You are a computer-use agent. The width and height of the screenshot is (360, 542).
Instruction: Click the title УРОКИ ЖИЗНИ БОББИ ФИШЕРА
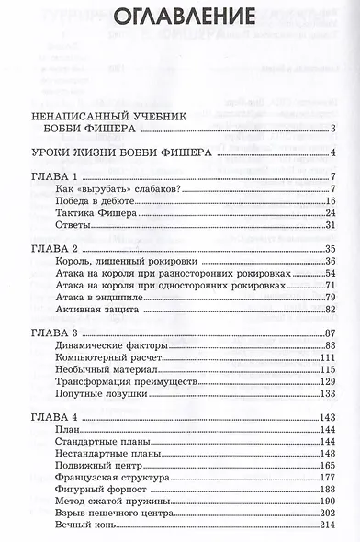click(x=120, y=152)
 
